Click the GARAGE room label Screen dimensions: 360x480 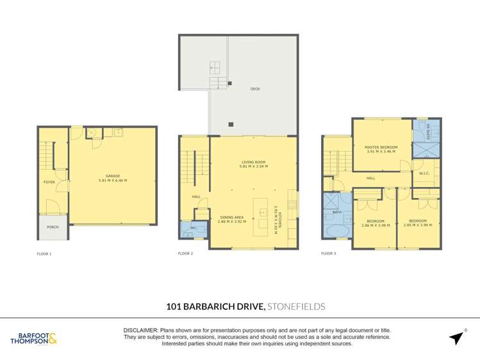coord(112,176)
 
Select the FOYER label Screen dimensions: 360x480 coord(49,182)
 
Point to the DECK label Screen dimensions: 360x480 coord(254,90)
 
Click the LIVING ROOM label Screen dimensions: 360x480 coord(254,163)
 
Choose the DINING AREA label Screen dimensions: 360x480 coord(231,218)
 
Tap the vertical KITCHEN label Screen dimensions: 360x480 coord(276,218)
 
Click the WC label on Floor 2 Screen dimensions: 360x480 coord(193,227)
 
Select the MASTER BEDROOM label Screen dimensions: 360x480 coord(381,147)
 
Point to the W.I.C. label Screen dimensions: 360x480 coord(424,173)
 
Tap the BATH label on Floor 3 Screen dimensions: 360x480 coord(336,211)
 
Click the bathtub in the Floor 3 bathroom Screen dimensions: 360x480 coord(337,231)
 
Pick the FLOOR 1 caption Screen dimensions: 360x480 coord(44,254)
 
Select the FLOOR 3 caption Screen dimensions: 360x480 coord(329,254)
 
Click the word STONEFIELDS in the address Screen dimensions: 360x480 coord(297,307)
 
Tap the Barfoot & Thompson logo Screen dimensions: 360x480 coord(34,338)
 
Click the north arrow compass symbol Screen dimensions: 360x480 coord(457,338)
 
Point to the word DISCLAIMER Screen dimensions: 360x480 coord(140,330)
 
